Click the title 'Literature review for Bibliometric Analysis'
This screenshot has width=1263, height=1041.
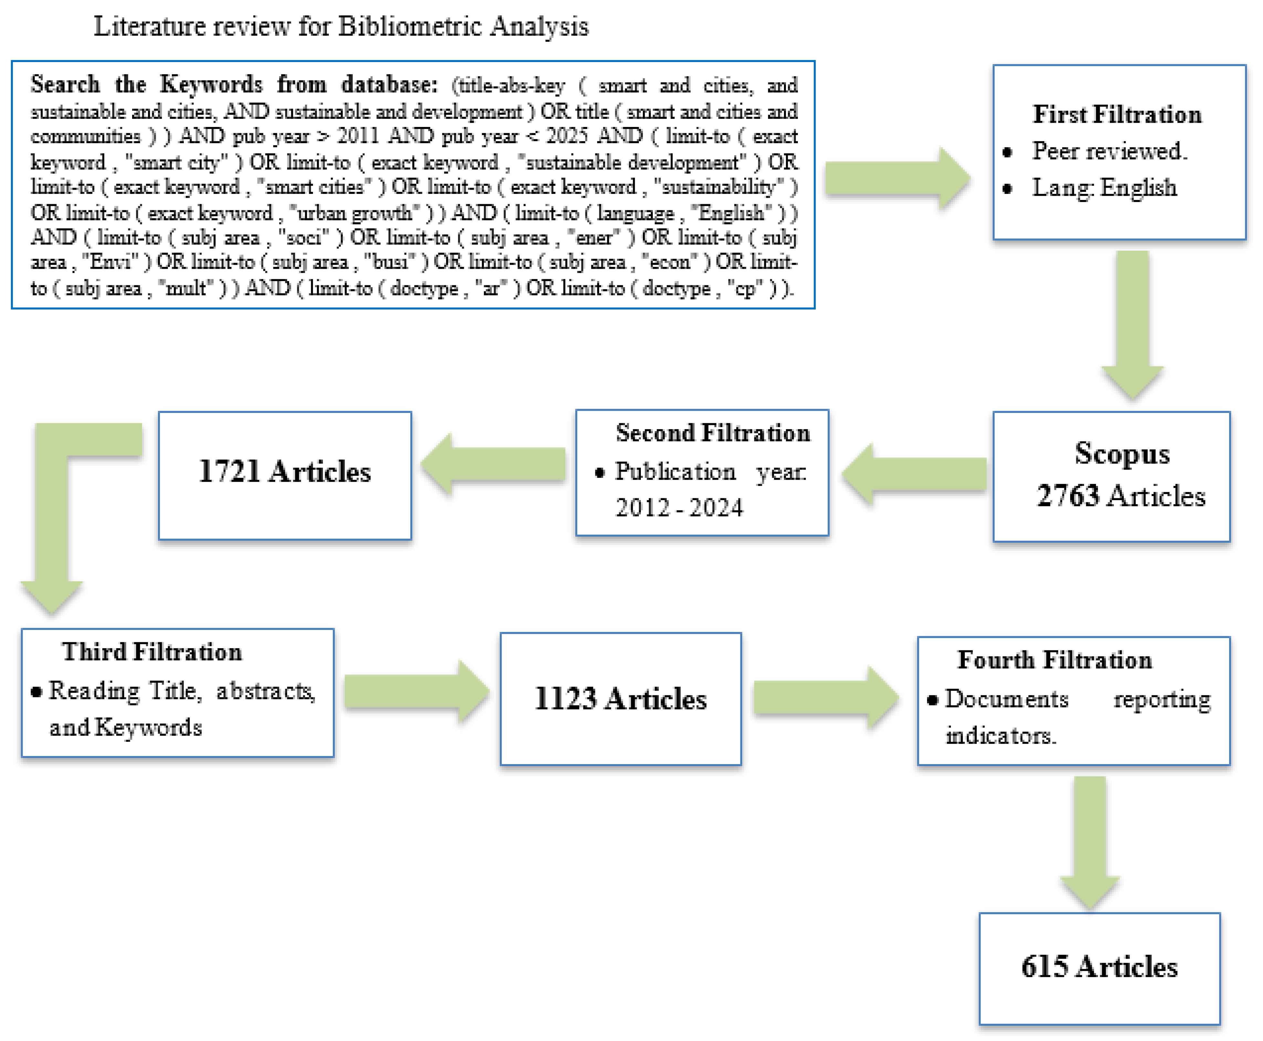pyautogui.click(x=341, y=26)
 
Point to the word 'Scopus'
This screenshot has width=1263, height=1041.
pyautogui.click(x=1122, y=453)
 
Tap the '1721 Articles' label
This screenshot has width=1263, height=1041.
pyautogui.click(x=284, y=471)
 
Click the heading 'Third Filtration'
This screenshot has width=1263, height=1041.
pyautogui.click(x=151, y=652)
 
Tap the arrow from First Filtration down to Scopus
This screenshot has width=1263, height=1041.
pyautogui.click(x=1132, y=324)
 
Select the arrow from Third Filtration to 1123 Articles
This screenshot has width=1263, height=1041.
pyautogui.click(x=415, y=691)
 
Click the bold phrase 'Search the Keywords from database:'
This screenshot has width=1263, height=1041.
pyautogui.click(x=234, y=85)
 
